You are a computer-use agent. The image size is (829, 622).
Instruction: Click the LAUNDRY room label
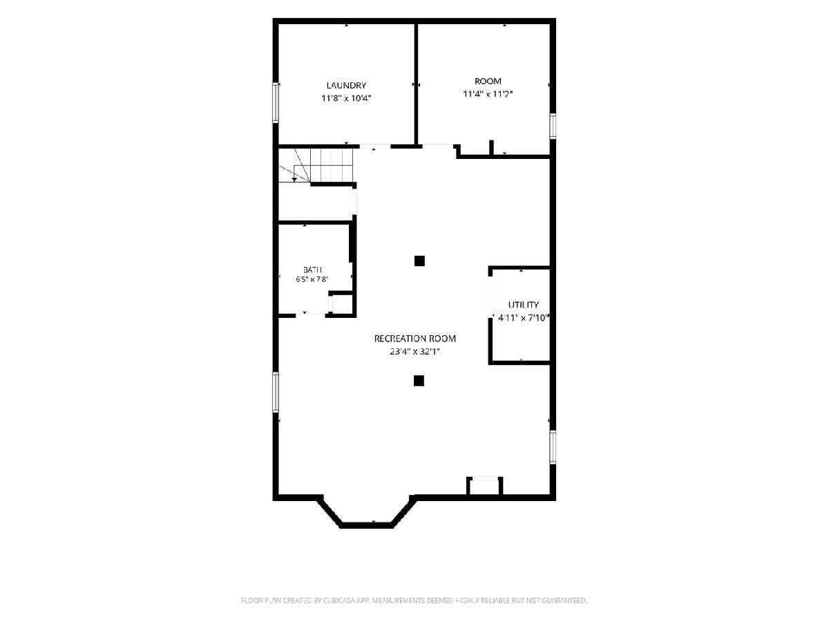(x=346, y=85)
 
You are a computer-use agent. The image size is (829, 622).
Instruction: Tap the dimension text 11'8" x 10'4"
(x=346, y=98)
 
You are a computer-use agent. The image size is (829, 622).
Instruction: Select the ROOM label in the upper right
(x=488, y=81)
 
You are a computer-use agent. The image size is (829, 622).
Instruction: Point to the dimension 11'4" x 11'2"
(x=488, y=94)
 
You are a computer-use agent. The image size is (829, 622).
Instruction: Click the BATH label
(x=312, y=270)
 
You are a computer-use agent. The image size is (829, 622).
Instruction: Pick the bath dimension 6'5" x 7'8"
(x=312, y=279)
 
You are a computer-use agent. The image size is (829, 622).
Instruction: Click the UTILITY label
(x=523, y=304)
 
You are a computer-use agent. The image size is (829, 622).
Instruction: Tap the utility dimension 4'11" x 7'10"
(x=523, y=318)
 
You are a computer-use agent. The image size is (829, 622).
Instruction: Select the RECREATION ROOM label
(x=414, y=339)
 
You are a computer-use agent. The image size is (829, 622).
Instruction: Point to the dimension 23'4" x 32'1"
(x=414, y=351)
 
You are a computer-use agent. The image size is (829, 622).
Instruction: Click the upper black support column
(x=419, y=261)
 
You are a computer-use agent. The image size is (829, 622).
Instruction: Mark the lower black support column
(x=419, y=381)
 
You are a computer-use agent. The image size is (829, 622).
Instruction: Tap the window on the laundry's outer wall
(x=276, y=102)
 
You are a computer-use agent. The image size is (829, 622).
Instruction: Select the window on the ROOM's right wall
(x=553, y=126)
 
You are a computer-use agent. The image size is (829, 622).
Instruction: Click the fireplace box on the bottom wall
(x=484, y=487)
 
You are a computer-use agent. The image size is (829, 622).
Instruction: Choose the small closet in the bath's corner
(x=341, y=303)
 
